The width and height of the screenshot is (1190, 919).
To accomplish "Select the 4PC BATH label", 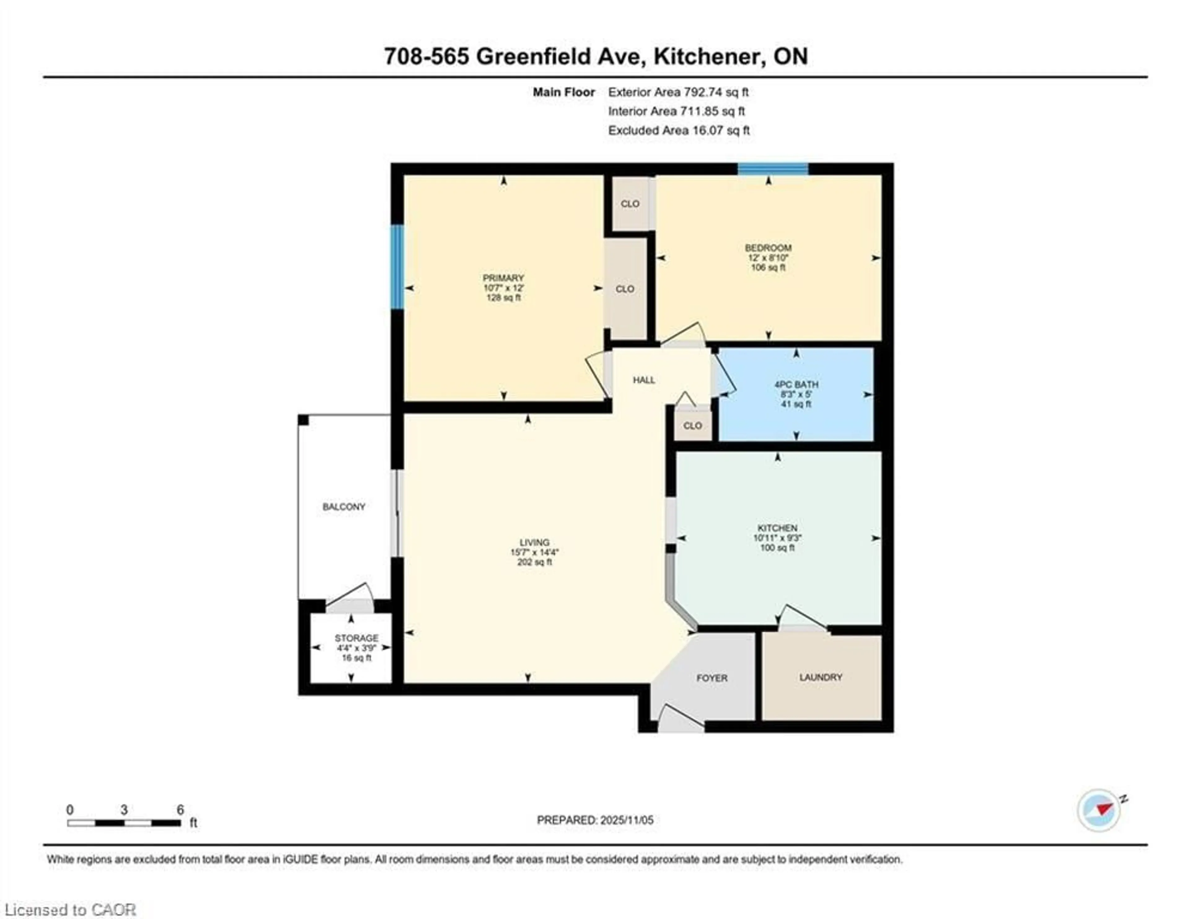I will (796, 384).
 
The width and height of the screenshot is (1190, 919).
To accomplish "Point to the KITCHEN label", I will (777, 528).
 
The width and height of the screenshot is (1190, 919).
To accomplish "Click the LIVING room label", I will (534, 542).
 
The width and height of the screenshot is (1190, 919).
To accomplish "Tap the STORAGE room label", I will (356, 638).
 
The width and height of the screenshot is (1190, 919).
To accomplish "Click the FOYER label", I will (712, 678).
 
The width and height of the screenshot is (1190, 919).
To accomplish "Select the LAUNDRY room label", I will (821, 677).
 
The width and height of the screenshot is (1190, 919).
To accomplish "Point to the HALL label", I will (643, 380).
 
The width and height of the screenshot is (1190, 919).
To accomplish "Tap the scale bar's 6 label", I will (180, 810).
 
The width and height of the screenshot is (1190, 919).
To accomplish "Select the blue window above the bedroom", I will (773, 169).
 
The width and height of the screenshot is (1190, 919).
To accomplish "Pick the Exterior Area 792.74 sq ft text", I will (678, 92).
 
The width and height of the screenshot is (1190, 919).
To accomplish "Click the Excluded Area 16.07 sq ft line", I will (678, 130).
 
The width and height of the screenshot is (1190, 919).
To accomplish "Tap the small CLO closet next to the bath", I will (693, 425).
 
